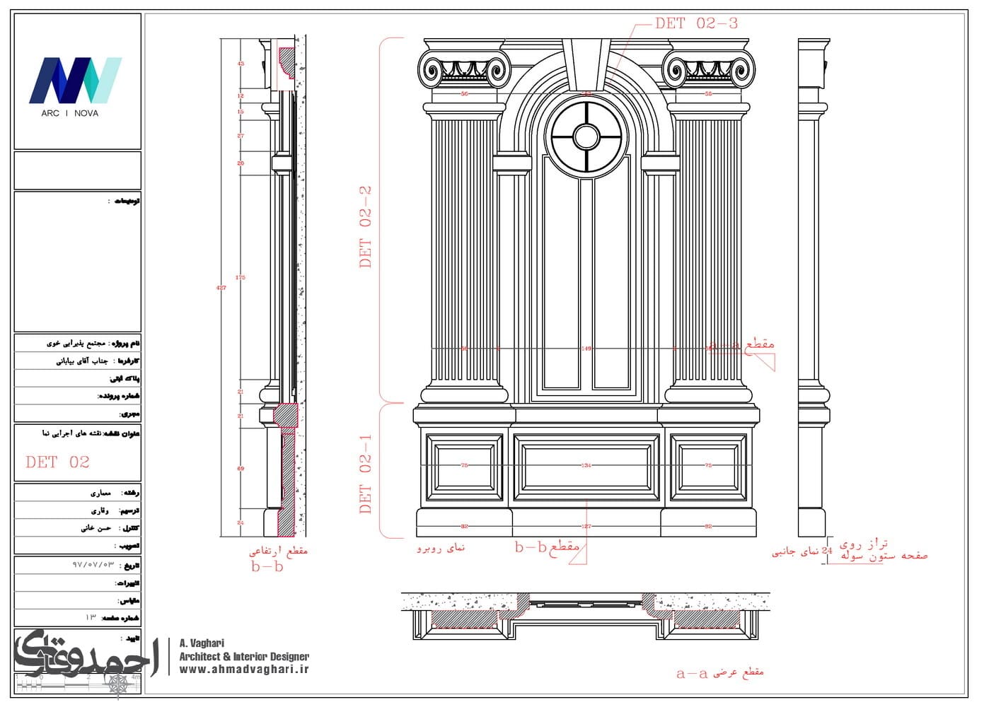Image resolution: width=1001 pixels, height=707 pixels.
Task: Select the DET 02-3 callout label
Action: point(696,23)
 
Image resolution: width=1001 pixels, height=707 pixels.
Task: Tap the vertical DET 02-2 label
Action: point(365,227)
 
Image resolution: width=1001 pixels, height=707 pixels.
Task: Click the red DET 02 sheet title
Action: point(57,462)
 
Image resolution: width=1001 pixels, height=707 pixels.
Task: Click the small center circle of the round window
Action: point(586,136)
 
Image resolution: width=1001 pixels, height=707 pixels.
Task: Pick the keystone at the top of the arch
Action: point(586,59)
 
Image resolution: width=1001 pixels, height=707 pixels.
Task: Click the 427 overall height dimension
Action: point(221,288)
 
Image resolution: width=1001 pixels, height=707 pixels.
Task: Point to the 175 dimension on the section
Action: point(241,278)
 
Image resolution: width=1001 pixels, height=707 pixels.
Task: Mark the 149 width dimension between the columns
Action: point(586,349)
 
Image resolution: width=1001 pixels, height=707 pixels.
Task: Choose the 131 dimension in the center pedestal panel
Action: point(586,465)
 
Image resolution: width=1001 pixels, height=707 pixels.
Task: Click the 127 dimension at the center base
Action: point(586,526)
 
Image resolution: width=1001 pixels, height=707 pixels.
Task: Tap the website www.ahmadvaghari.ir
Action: point(244,670)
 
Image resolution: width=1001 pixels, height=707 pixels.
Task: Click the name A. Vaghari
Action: point(202,643)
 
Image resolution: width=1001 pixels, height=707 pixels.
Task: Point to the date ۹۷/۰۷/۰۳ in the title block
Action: point(93,565)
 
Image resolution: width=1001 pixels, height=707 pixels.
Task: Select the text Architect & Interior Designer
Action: point(244,657)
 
